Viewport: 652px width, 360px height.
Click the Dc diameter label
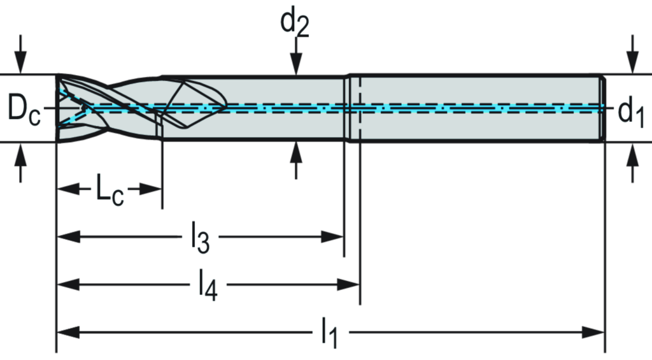24,109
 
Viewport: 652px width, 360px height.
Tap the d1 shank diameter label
630,111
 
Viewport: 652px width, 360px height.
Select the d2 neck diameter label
294,22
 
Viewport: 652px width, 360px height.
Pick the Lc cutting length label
108,190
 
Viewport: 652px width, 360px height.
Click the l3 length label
200,238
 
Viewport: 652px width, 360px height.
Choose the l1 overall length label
330,332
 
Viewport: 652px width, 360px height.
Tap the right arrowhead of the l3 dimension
335,238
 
